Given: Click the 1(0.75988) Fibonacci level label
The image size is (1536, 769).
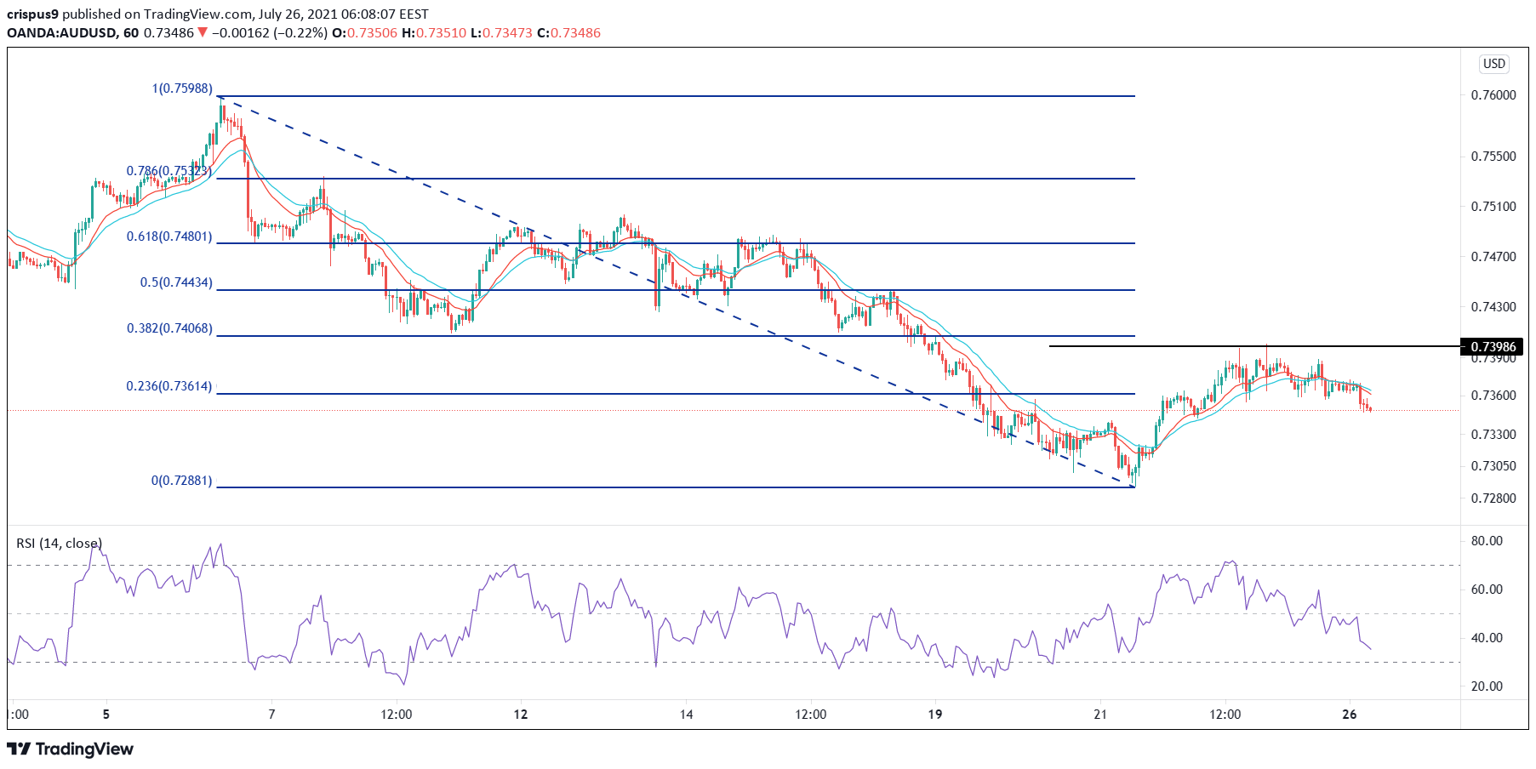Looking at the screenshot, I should [x=182, y=88].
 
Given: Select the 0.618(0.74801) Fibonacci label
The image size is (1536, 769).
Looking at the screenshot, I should [x=169, y=236].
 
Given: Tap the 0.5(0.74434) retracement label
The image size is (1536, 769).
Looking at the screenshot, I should [x=176, y=282].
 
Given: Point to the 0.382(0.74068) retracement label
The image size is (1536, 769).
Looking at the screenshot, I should [x=169, y=328].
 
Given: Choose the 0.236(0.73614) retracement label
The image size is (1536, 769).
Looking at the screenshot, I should [x=169, y=386].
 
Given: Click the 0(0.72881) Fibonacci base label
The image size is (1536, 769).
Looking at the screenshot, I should [x=181, y=481].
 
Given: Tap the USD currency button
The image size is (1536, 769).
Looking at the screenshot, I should [x=1494, y=64].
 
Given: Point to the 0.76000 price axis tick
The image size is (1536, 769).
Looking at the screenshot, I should [x=1493, y=95].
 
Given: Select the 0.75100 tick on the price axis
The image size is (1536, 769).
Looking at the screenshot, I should [x=1493, y=207].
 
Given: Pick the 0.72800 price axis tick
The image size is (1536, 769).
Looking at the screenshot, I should [x=1493, y=498].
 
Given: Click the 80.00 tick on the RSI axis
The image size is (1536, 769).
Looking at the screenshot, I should [x=1487, y=541].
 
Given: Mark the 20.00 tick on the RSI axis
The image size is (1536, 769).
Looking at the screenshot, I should [x=1487, y=686].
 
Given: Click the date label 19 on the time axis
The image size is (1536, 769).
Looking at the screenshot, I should [x=934, y=715].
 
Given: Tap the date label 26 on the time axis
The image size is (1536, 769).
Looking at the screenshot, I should [x=1349, y=715].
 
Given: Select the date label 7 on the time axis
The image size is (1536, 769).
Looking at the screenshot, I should [x=271, y=715].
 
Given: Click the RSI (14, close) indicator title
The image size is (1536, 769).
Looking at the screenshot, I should [x=59, y=544].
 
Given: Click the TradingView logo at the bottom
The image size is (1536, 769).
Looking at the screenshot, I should [x=71, y=749].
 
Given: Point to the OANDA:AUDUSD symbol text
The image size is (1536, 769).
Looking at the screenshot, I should [x=60, y=33].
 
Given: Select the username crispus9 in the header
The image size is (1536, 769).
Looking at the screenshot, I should [x=32, y=14].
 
